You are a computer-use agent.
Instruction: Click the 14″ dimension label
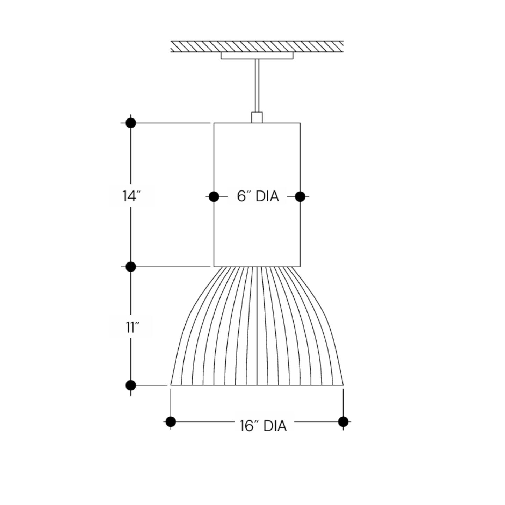tap(131, 196)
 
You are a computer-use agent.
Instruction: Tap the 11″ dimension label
tap(132, 327)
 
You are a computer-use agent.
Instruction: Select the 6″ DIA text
tap(258, 196)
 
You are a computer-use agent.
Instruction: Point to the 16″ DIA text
tap(263, 426)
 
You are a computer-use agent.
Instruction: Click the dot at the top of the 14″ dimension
tap(131, 123)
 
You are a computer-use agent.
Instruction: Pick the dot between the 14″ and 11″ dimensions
tap(131, 267)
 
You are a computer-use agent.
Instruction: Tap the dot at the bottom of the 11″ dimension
tap(131, 385)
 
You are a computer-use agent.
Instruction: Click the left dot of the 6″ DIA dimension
tap(214, 196)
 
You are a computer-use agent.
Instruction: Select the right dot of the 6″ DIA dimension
tap(300, 196)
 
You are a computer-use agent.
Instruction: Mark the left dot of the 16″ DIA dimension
tap(171, 422)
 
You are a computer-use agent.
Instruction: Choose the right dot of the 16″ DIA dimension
tap(343, 422)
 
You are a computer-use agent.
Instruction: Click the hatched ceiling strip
tap(257, 46)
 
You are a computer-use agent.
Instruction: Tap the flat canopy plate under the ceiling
tap(257, 56)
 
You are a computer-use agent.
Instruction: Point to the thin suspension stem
tap(257, 86)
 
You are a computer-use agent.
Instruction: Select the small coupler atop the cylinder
tap(257, 117)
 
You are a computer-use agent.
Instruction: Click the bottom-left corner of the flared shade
tap(171, 385)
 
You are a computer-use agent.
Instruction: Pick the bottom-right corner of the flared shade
tap(343, 385)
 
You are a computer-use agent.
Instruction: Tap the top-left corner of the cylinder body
tap(214, 123)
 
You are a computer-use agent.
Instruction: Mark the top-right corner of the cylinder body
tap(300, 123)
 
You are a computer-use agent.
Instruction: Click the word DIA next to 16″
tap(275, 426)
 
